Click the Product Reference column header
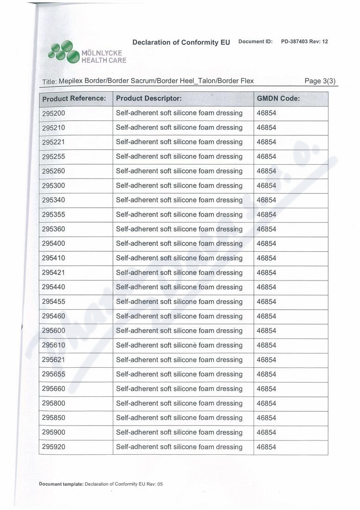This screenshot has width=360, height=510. pyautogui.click(x=74, y=99)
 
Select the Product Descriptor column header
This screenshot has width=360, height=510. pyautogui.click(x=148, y=99)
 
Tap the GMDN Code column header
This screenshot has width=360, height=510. pyautogui.click(x=278, y=99)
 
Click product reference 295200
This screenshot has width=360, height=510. pyautogui.click(x=53, y=113)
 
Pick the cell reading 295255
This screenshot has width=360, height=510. pyautogui.click(x=53, y=157)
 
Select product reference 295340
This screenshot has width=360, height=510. pyautogui.click(x=53, y=200)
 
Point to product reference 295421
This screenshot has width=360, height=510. pyautogui.click(x=53, y=273)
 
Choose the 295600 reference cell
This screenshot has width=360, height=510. pyautogui.click(x=53, y=331)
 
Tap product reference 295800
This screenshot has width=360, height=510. pyautogui.click(x=53, y=403)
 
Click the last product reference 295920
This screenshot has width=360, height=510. pyautogui.click(x=53, y=447)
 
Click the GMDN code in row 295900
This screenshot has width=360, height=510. pyautogui.click(x=266, y=433)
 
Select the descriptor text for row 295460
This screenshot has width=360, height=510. pyautogui.click(x=179, y=316)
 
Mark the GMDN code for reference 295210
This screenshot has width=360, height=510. pyautogui.click(x=266, y=127)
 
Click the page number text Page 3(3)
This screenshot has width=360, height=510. pyautogui.click(x=320, y=81)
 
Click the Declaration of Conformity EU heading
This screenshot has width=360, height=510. pyautogui.click(x=181, y=42)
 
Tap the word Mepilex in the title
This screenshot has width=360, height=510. pyautogui.click(x=71, y=81)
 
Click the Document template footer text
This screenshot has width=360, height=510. pyautogui.click(x=101, y=484)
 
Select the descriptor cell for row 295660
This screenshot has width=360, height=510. pyautogui.click(x=179, y=389)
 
